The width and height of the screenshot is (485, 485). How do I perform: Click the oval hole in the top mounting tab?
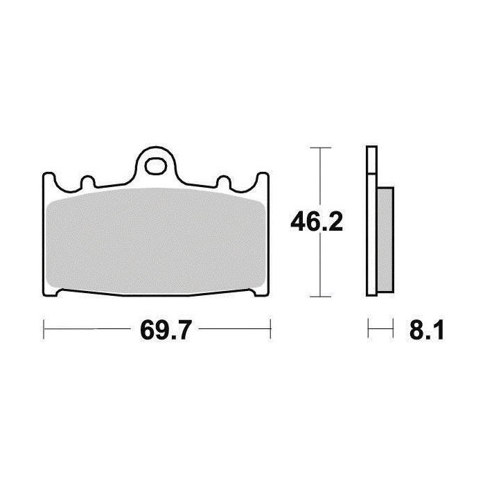point(157,166)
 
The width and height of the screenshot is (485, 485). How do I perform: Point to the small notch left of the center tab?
point(87,182)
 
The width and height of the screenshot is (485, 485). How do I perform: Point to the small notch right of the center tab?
point(224,182)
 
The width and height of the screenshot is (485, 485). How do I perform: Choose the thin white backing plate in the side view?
point(371,222)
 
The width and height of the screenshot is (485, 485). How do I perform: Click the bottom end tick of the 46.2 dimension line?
point(318,296)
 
